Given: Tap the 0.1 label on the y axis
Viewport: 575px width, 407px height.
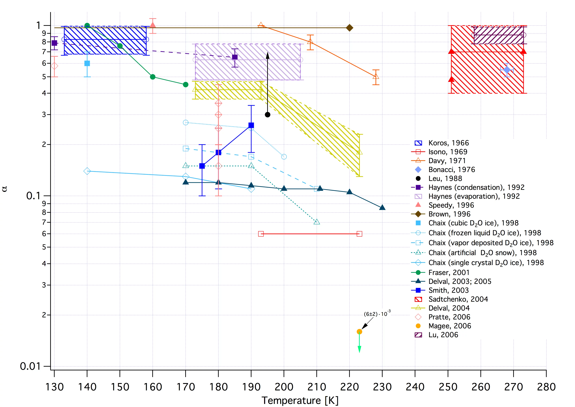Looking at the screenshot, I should pyautogui.click(x=33, y=196).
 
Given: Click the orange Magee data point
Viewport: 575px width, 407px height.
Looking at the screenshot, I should pyautogui.click(x=359, y=332).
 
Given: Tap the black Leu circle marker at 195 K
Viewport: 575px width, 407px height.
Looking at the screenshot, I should pyautogui.click(x=268, y=115).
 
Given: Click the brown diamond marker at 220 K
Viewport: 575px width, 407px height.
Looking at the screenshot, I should pyautogui.click(x=350, y=28).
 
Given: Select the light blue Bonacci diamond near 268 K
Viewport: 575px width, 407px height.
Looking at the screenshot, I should pyautogui.click(x=507, y=70).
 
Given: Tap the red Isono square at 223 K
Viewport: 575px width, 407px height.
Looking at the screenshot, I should pyautogui.click(x=359, y=234).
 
